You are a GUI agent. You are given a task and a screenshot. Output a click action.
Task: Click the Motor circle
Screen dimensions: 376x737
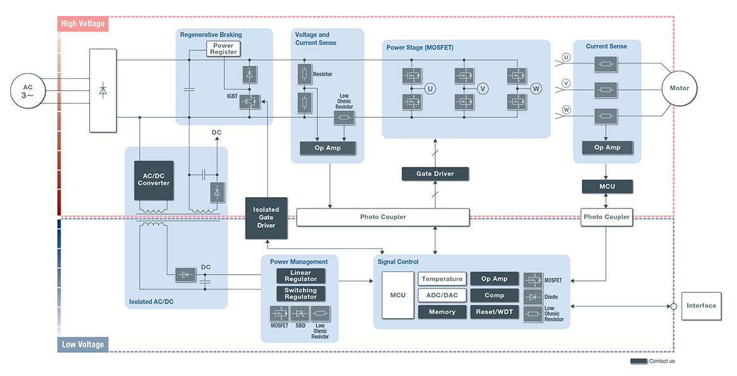click(679, 88)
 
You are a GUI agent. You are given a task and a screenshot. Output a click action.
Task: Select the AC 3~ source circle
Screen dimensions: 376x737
click(28, 91)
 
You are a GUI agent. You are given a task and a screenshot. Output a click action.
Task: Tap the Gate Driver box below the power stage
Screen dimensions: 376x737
click(435, 174)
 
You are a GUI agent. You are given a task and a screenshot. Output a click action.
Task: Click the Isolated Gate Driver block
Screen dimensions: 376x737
click(266, 217)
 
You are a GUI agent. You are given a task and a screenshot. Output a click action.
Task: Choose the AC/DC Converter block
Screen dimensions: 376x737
click(154, 179)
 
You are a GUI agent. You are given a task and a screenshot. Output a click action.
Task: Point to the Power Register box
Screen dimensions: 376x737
click(224, 49)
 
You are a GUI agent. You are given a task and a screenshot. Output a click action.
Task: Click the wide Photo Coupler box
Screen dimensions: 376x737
click(383, 217)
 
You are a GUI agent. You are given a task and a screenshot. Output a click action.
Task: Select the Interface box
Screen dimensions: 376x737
click(701, 306)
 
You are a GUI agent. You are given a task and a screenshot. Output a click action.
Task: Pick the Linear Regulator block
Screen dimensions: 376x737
click(300, 276)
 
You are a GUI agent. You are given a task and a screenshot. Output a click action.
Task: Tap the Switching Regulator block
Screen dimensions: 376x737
click(300, 293)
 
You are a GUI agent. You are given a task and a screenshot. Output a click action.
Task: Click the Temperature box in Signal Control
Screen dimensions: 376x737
click(442, 279)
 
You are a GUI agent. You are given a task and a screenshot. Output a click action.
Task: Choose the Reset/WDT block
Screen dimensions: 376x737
click(494, 312)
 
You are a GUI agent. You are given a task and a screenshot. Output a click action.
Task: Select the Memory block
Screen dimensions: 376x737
click(442, 312)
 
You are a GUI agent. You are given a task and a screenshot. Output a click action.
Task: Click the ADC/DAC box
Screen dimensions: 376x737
click(442, 295)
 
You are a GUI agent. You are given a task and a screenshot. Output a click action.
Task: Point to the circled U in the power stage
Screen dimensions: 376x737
click(431, 88)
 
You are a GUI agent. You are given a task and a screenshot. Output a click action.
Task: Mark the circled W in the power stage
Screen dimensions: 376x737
click(536, 88)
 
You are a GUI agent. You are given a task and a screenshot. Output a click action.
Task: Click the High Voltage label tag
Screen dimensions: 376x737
click(83, 24)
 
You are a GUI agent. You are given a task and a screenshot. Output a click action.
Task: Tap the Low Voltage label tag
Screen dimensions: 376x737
click(83, 345)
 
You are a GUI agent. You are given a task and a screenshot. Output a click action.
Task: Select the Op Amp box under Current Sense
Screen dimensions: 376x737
click(607, 148)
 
